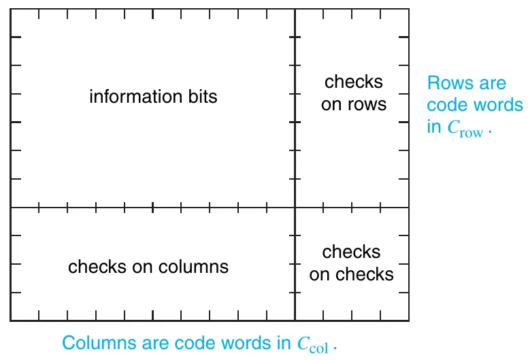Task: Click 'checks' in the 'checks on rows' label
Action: [354, 82]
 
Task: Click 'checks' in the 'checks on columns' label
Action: [93, 266]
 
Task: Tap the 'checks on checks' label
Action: [352, 263]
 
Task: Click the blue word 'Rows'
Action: [446, 84]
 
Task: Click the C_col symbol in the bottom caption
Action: [312, 345]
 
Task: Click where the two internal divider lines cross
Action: [295, 208]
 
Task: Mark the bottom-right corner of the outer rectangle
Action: [409, 321]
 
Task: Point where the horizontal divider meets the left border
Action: [11, 208]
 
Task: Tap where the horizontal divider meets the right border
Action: [409, 208]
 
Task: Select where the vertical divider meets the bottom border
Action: [295, 321]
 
